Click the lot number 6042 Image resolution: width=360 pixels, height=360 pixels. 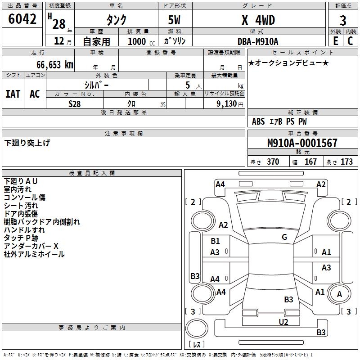click(x=22, y=20)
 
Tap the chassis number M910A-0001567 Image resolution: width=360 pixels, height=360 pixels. click(x=302, y=143)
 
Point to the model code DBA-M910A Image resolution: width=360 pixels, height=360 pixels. click(x=258, y=41)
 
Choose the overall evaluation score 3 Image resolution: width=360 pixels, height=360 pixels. click(x=343, y=21)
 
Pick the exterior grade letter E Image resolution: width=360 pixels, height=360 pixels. click(x=335, y=41)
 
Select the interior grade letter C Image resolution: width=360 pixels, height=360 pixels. click(x=350, y=41)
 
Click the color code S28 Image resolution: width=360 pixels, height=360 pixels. click(x=75, y=104)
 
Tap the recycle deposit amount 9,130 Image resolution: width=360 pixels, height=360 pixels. click(x=229, y=104)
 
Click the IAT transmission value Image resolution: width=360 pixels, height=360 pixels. click(x=13, y=94)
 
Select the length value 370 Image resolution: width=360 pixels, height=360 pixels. click(x=273, y=162)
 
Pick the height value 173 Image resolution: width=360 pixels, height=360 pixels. click(x=346, y=162)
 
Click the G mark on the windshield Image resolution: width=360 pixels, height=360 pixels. click(x=284, y=237)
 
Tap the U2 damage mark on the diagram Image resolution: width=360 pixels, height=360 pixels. click(x=283, y=321)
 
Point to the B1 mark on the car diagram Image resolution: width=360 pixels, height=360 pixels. click(x=215, y=241)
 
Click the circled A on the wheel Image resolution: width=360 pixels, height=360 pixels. click(x=339, y=294)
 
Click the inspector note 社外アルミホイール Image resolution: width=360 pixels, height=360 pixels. click(x=34, y=254)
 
